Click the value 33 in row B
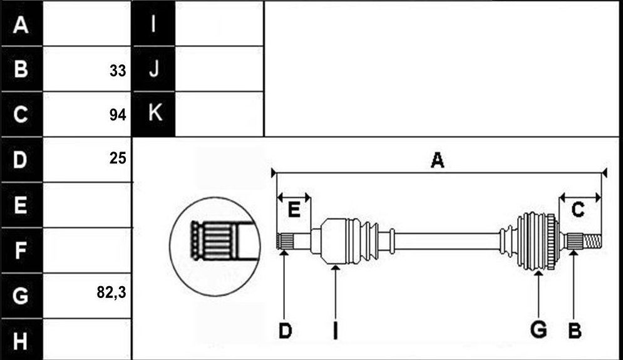[118, 71]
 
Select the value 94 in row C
[118, 115]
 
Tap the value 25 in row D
[118, 158]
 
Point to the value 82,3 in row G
[111, 292]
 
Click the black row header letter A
[21, 25]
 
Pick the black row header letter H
[21, 341]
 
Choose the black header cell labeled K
[154, 114]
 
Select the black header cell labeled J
[154, 69]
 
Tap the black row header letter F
[21, 250]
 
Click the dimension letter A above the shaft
[438, 160]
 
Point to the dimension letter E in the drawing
[294, 209]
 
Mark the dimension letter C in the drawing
[578, 209]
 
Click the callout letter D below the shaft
[285, 331]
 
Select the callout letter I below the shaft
[336, 331]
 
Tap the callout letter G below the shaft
[538, 330]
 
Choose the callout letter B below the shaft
[575, 331]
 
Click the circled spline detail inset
[215, 246]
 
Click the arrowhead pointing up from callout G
[538, 273]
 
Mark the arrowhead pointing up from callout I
[336, 268]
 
